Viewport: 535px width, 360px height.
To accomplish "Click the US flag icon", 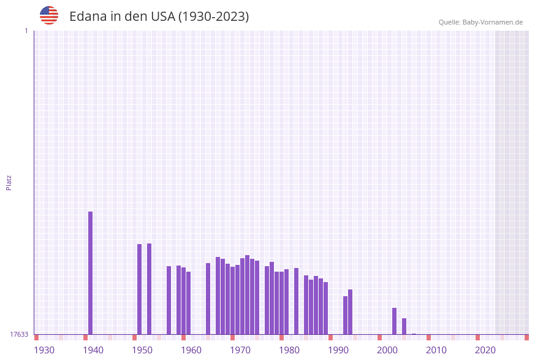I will tap(49, 15).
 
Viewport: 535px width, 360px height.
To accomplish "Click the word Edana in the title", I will tap(88, 17).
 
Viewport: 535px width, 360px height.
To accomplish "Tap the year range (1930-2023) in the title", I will tap(213, 17).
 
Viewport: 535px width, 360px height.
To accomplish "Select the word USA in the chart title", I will tap(162, 17).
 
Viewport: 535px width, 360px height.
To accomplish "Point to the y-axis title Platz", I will tap(9, 182).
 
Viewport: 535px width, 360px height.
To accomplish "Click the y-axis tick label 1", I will tap(26, 31).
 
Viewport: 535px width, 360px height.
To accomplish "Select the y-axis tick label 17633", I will tap(19, 334).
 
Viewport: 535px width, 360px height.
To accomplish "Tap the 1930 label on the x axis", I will tap(44, 350).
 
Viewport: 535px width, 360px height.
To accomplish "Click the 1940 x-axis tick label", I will tap(93, 350).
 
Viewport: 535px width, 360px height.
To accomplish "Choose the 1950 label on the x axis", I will tap(142, 350).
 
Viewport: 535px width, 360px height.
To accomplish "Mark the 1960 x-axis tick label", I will tap(191, 350).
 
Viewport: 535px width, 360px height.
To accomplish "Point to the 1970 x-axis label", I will tap(240, 350).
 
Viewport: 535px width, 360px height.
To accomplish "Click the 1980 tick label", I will tap(289, 350).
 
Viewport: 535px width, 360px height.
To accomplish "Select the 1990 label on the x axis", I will tap(338, 350).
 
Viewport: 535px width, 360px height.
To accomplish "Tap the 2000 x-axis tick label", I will tap(387, 350).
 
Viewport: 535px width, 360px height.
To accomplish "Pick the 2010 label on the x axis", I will tap(436, 350).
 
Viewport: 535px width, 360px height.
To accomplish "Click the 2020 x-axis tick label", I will tap(485, 350).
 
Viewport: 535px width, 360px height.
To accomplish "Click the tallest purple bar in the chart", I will tap(91, 273).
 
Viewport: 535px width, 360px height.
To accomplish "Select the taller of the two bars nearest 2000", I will tap(395, 321).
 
